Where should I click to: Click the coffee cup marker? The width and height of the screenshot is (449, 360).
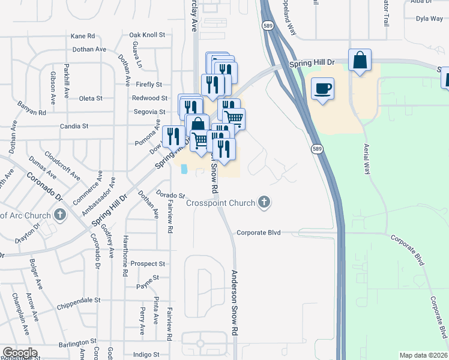pyautogui.click(x=322, y=89)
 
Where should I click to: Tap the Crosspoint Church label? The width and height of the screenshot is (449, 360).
pyautogui.click(x=220, y=203)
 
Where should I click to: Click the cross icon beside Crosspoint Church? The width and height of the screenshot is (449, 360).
pyautogui.click(x=264, y=202)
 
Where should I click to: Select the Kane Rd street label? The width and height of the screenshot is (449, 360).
pyautogui.click(x=83, y=36)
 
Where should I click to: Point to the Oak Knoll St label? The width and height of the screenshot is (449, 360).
pyautogui.click(x=147, y=35)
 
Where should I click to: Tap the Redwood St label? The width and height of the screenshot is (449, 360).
pyautogui.click(x=150, y=98)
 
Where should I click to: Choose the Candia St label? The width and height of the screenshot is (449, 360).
pyautogui.click(x=74, y=127)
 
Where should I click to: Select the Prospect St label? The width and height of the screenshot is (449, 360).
pyautogui.click(x=148, y=263)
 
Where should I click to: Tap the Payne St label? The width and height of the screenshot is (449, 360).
pyautogui.click(x=148, y=278)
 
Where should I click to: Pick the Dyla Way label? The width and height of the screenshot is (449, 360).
pyautogui.click(x=429, y=19)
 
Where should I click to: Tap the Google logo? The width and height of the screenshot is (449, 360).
pyautogui.click(x=20, y=353)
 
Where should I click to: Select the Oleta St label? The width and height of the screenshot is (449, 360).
pyautogui.click(x=91, y=98)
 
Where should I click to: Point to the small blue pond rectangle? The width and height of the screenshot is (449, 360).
pyautogui.click(x=183, y=169)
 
